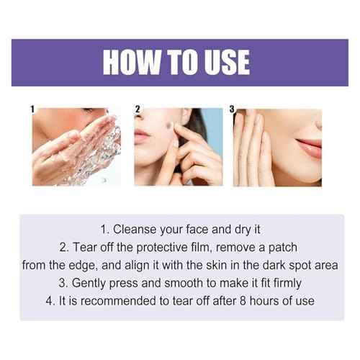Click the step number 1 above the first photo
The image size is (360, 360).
pyautogui.click(x=32, y=109)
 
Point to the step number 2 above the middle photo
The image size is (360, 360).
pyautogui.click(x=137, y=109)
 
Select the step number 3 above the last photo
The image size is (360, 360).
pyautogui.click(x=232, y=109)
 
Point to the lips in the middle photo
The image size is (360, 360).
pyautogui.click(x=142, y=136)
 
